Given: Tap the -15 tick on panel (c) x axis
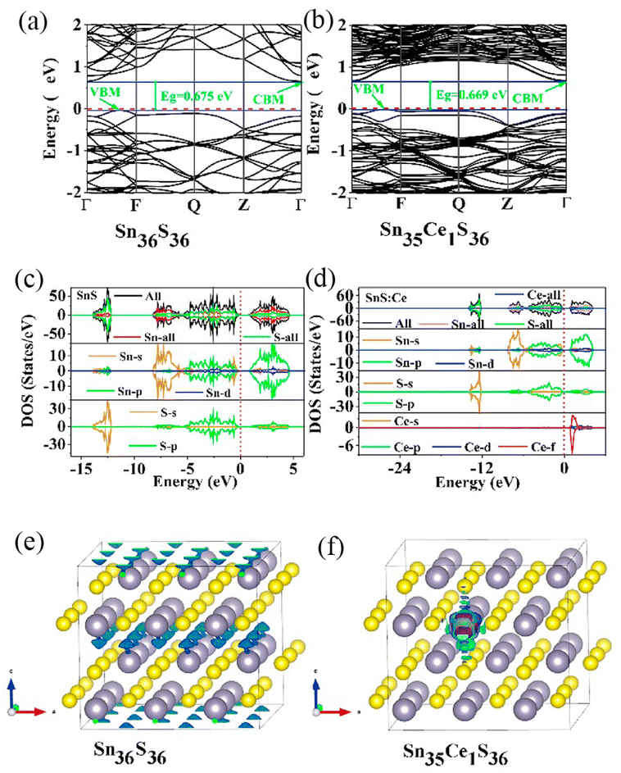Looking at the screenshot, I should pyautogui.click(x=79, y=468).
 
